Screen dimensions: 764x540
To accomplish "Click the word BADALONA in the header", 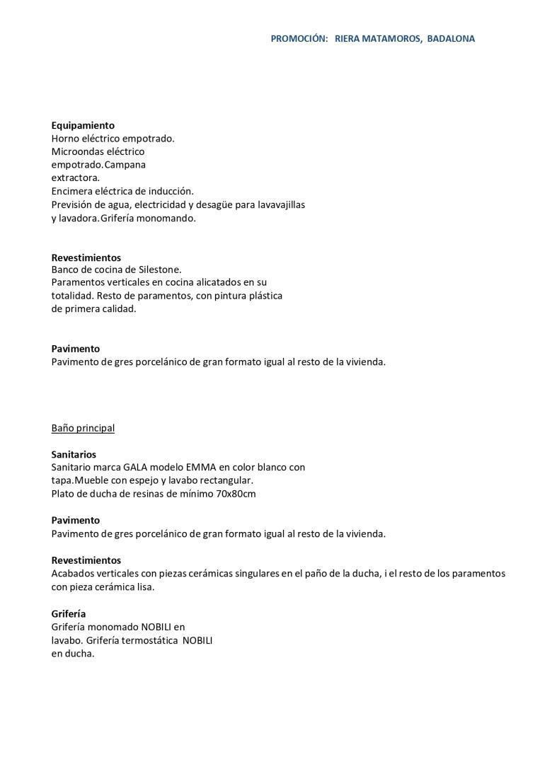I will pos(451,39).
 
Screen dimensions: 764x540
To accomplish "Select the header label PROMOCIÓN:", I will pos(299,39).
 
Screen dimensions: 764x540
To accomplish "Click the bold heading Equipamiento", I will pos(83,125).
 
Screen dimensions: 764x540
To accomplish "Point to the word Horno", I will pos(65,139).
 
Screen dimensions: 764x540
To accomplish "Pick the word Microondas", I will pos(77,151).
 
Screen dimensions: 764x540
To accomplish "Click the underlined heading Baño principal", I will pos(83,428).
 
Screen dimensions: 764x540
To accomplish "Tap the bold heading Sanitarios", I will pos(74,454).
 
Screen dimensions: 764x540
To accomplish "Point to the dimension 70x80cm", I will pos(236,494).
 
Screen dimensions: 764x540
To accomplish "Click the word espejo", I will pos(144,480).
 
